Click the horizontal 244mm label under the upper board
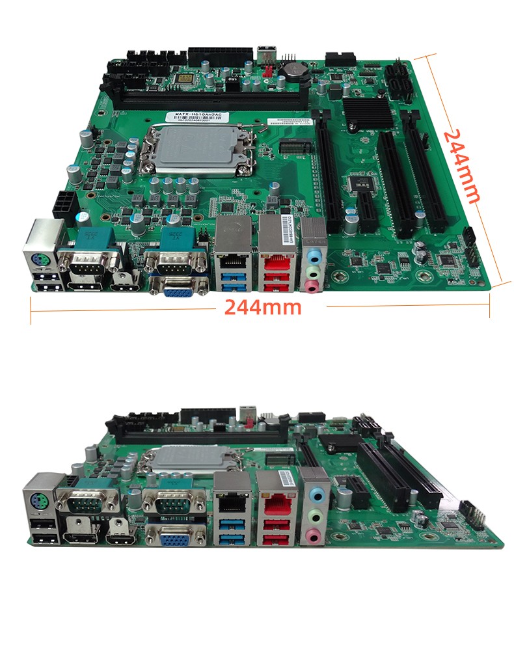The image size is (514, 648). (x=263, y=307)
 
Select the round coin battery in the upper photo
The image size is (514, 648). (x=293, y=67)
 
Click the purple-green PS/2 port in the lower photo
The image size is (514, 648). (x=38, y=501)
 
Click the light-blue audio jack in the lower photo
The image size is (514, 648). (x=315, y=496)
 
